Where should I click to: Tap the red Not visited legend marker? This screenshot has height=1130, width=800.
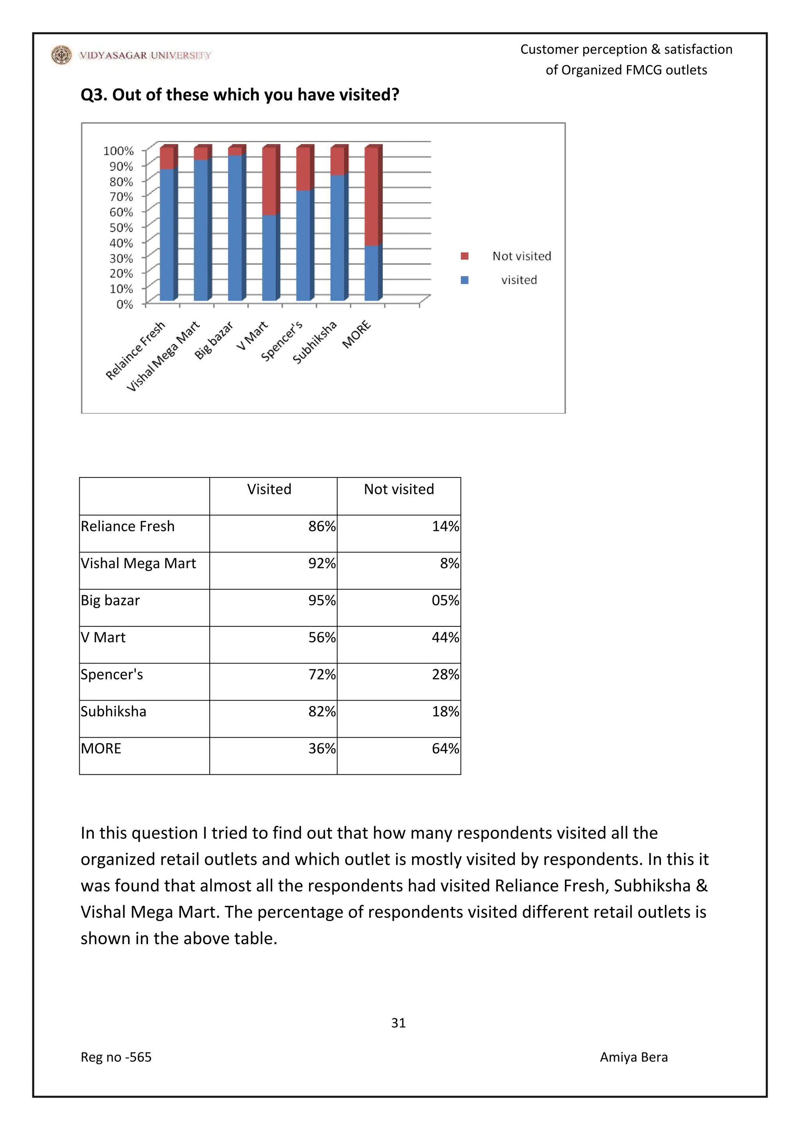coord(464,256)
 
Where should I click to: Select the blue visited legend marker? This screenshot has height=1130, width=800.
coord(464,280)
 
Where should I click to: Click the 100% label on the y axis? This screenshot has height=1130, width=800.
coord(118,151)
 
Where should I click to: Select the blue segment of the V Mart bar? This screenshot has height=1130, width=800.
coord(269,258)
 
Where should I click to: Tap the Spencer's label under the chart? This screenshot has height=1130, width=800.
coord(281,341)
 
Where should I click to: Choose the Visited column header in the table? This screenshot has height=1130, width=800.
coord(269,489)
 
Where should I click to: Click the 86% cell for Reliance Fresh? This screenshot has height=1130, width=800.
coord(321,526)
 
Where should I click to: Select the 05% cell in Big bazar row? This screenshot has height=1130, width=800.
coord(445,600)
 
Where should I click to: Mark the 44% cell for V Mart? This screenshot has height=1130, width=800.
coord(445,637)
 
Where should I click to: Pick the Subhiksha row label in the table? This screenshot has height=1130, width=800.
coord(113,711)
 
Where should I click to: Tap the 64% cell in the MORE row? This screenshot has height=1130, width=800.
coord(445,749)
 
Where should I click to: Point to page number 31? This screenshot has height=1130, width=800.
coord(398,1023)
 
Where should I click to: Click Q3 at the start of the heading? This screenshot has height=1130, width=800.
coord(94,94)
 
